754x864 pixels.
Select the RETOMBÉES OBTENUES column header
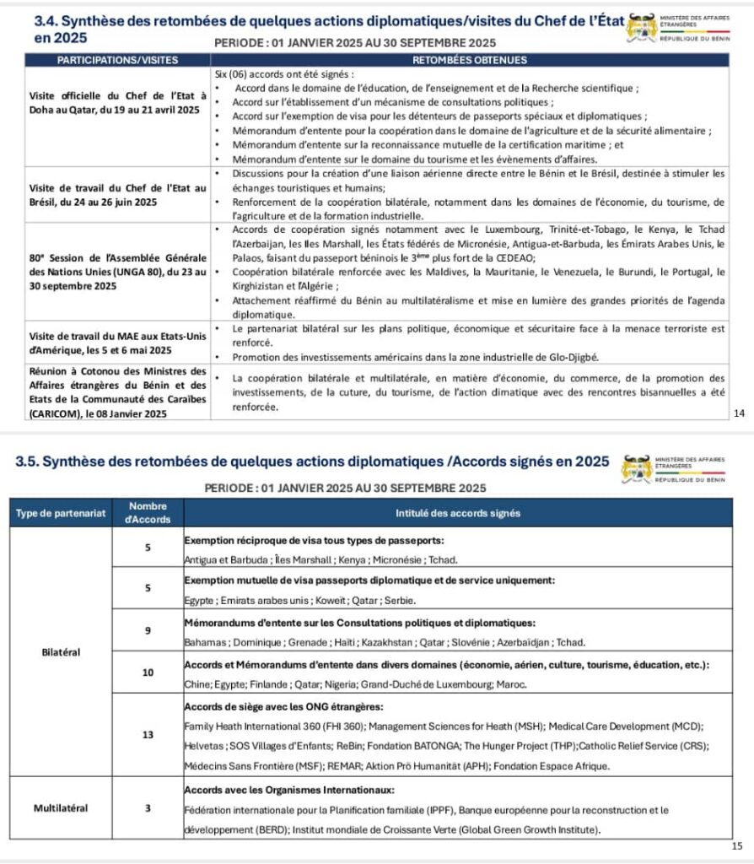tap(470, 60)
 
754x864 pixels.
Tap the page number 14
tap(739, 413)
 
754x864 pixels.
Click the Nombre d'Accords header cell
tap(148, 513)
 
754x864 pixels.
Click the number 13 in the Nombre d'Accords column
tap(148, 735)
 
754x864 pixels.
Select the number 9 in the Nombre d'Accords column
tap(148, 631)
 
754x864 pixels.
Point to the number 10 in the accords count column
tap(148, 673)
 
